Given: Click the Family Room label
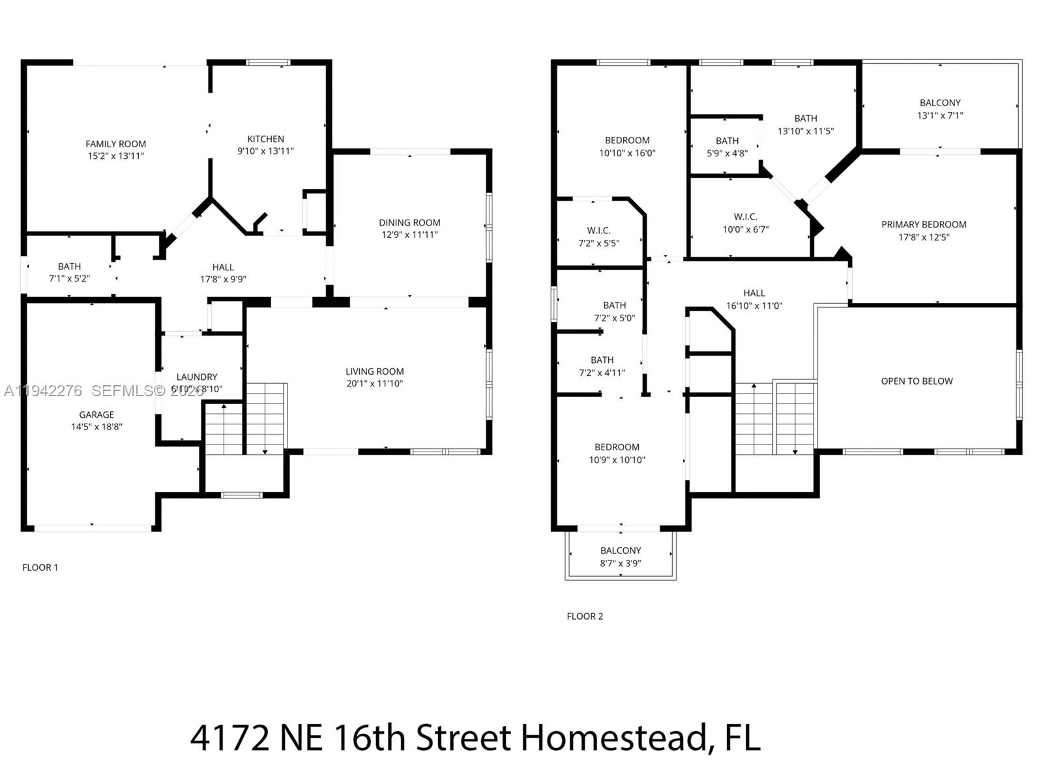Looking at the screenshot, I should [116, 144].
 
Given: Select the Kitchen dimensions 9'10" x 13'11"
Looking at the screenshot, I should [265, 151].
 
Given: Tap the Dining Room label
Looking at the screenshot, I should [409, 222].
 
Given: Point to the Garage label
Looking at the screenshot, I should [96, 414].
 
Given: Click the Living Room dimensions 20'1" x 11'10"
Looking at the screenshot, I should [374, 384].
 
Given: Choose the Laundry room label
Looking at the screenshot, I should [197, 377].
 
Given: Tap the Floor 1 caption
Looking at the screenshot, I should [40, 568].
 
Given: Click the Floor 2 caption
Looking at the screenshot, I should [585, 616].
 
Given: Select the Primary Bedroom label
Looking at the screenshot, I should [924, 224].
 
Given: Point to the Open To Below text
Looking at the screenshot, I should [917, 381].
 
